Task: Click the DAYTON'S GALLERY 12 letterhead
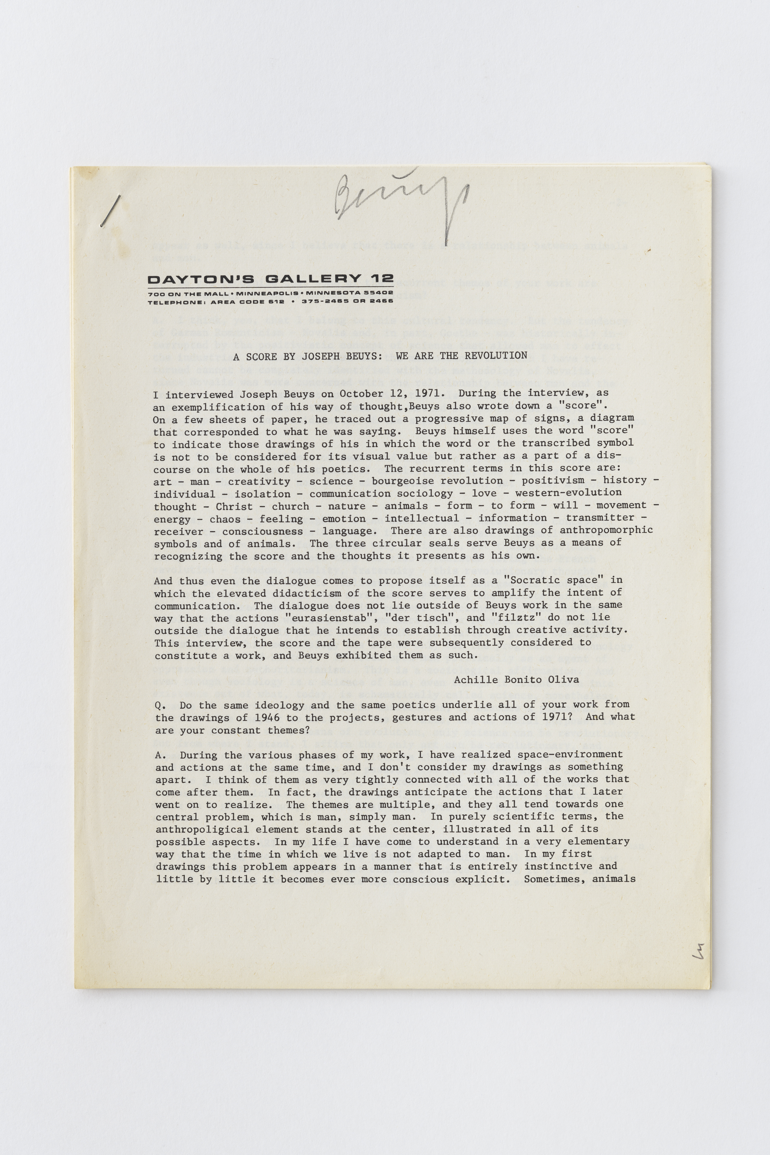270,279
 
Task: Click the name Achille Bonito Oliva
516,680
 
